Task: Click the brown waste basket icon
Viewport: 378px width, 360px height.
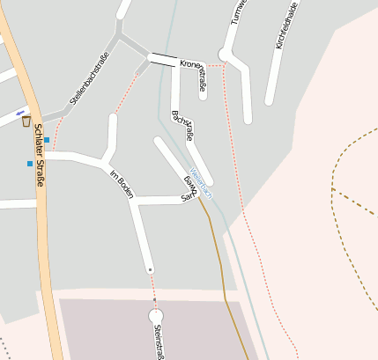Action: point(26,121)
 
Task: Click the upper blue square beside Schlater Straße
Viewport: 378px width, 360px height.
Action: point(47,139)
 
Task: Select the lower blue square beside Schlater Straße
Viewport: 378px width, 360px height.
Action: point(30,163)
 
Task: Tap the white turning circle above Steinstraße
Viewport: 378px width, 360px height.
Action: point(156,315)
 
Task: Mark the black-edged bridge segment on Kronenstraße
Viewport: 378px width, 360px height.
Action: point(162,60)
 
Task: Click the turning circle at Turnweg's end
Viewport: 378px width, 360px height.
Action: point(225,55)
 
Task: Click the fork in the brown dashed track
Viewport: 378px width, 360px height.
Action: point(333,187)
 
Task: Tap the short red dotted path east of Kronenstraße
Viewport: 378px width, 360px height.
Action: point(216,65)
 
